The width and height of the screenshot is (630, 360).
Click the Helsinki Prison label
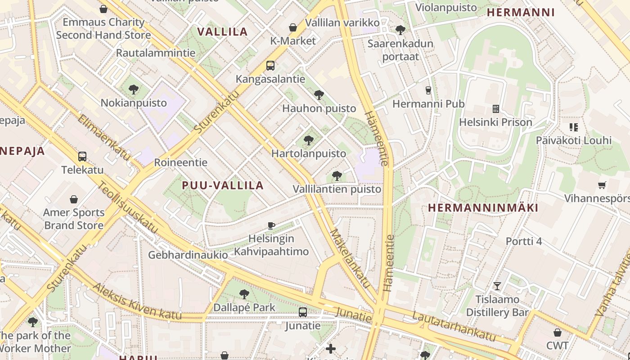[495, 122]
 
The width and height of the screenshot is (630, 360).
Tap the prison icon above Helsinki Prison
[496, 109]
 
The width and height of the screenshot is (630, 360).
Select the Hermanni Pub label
[428, 104]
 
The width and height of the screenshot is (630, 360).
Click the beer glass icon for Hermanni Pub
[428, 90]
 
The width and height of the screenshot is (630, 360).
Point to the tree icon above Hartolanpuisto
[309, 140]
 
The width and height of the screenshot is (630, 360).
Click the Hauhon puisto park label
[319, 108]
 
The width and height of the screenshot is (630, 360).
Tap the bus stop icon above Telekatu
[82, 157]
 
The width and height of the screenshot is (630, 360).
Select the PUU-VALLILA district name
[223, 185]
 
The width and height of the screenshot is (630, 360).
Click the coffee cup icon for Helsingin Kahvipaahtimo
[271, 225]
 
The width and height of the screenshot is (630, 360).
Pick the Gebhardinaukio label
[188, 255]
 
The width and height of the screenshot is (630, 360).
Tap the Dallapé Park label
[244, 307]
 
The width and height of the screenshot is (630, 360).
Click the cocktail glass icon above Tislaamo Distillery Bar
[497, 286]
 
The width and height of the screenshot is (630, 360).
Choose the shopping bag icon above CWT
[558, 333]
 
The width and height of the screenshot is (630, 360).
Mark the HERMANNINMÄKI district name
[483, 208]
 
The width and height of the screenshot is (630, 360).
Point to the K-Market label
[293, 41]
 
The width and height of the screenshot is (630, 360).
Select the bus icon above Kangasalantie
[270, 66]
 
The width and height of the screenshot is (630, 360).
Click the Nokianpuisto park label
[134, 103]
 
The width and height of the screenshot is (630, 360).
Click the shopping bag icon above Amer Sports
[74, 199]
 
